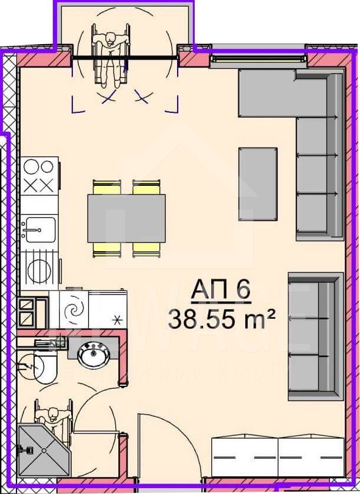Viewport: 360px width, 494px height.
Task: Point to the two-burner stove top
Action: [x=41, y=174]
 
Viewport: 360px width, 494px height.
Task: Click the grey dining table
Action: [x=126, y=218]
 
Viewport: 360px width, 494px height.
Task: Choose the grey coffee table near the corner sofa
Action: [x=258, y=183]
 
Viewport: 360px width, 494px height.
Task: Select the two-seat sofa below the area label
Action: [x=315, y=335]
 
